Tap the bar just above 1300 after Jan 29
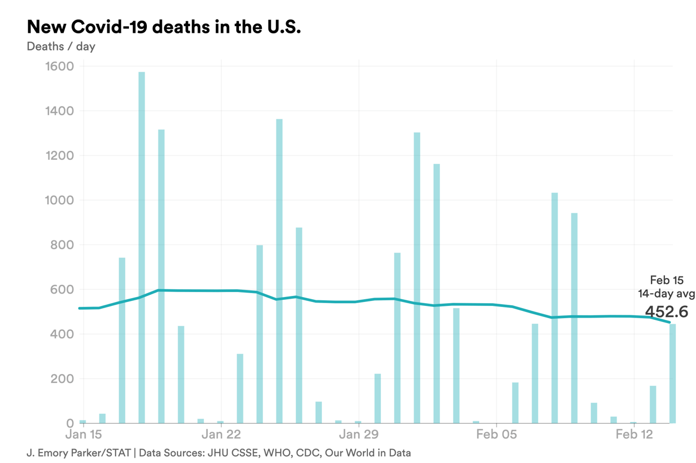(x=417, y=278)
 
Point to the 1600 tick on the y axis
(x=58, y=67)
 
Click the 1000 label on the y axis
(x=58, y=200)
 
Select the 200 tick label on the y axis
(x=62, y=379)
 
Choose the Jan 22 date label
(x=221, y=434)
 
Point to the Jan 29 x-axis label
(x=359, y=434)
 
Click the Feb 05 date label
(x=496, y=434)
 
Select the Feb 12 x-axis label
(x=634, y=434)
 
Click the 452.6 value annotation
(x=666, y=311)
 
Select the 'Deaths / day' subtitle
(x=61, y=47)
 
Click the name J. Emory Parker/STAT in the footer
(x=78, y=452)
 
